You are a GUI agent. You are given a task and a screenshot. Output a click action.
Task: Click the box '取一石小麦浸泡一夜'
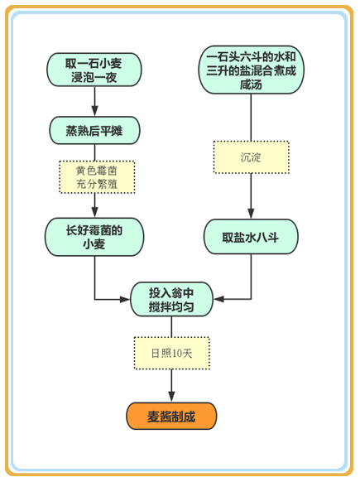point(94,70)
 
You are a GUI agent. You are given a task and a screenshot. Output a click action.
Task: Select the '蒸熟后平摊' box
point(94,130)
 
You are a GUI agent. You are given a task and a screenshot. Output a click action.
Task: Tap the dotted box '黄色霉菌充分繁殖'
point(97,177)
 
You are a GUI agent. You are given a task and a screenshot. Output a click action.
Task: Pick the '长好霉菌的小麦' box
point(94,237)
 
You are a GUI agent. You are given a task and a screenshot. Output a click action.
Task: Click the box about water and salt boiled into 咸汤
point(251,70)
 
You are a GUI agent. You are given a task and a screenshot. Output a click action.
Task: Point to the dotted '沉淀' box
point(252,157)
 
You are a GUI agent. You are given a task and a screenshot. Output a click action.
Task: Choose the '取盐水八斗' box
point(251,237)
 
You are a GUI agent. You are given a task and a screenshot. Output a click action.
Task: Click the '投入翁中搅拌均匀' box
point(171,299)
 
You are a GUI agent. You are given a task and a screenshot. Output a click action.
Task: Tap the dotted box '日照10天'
point(171,353)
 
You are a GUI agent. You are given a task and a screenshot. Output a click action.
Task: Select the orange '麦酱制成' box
point(171,416)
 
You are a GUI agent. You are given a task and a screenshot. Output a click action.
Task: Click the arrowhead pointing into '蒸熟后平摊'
point(94,111)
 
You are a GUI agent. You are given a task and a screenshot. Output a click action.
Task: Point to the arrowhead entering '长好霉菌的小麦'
point(94,212)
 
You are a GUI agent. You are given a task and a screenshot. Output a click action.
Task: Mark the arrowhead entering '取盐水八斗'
point(251,214)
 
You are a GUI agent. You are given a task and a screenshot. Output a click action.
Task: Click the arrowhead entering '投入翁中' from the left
point(125,299)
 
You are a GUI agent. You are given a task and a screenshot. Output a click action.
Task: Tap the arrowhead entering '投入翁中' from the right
point(218,299)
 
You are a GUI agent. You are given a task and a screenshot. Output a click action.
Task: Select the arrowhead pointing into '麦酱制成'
point(171,397)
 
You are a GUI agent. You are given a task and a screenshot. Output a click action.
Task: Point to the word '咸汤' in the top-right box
point(251,84)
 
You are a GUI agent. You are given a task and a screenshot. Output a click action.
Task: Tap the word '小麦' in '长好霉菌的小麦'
point(94,244)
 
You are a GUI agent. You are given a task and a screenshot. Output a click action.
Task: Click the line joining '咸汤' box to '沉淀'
point(251,118)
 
